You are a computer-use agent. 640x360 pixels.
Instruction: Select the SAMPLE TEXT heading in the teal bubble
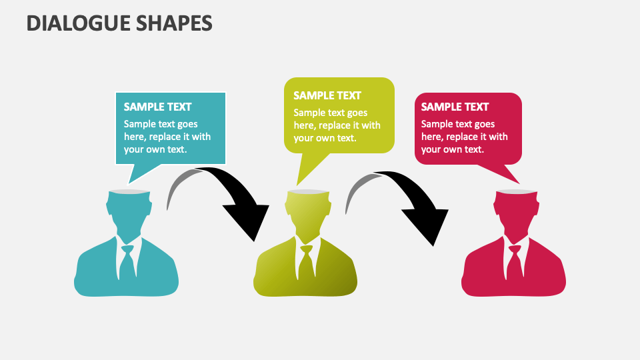click(157, 107)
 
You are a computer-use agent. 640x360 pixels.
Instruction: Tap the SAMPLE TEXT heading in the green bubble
click(327, 95)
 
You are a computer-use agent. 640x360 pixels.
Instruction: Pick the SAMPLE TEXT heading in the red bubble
click(455, 107)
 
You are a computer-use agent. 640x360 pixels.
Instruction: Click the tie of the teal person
click(127, 263)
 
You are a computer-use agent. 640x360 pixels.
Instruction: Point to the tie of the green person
click(306, 263)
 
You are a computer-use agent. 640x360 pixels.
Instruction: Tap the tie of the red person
click(514, 263)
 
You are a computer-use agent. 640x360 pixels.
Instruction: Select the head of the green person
click(307, 210)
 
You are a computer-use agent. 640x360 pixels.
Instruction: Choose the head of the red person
click(515, 210)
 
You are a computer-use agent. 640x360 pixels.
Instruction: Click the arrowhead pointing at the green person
click(247, 220)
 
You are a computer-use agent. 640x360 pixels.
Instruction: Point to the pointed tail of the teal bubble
click(137, 173)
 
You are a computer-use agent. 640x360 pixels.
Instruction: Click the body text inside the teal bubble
click(167, 137)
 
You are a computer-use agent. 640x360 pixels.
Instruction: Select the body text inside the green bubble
click(337, 125)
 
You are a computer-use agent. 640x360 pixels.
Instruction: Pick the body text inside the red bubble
click(464, 137)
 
